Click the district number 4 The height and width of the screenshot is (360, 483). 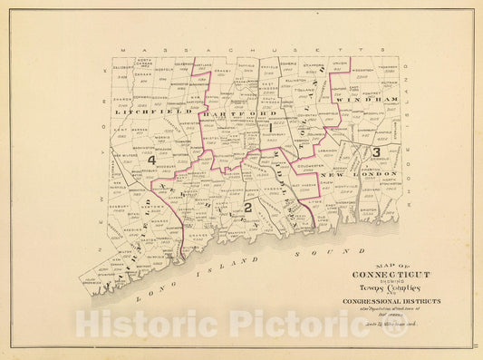click(153, 161)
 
